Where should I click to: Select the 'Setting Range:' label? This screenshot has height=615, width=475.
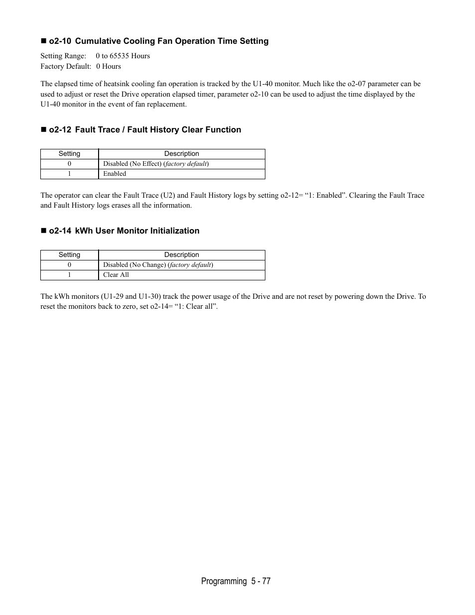pos(63,56)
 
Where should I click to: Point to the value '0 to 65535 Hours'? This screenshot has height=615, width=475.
pos(123,56)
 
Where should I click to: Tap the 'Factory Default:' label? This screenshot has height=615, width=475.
pos(66,66)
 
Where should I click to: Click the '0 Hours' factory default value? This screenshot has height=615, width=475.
pos(109,66)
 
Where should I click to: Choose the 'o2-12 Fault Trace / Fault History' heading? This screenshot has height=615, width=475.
pos(144,130)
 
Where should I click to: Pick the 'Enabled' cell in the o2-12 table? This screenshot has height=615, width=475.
pos(115,174)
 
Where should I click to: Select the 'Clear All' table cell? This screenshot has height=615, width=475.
pos(116,275)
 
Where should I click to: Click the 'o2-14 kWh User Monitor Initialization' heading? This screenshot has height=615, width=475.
pos(123,231)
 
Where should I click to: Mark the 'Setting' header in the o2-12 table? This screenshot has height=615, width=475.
pos(69,154)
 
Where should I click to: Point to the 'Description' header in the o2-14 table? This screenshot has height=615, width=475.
pos(182,255)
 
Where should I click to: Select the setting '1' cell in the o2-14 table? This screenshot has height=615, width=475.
pos(69,275)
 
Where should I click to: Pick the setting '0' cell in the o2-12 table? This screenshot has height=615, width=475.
pos(69,164)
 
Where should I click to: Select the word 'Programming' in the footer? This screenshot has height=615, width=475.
pos(224,581)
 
